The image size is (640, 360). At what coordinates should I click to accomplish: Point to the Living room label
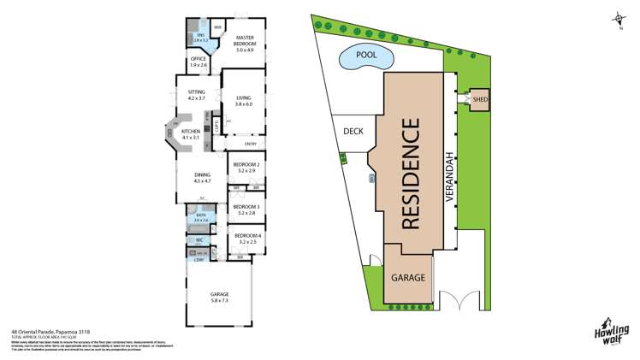tap(244, 102)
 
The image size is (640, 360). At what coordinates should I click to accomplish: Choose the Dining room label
tap(201, 179)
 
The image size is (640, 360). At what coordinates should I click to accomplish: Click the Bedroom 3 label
tap(246, 209)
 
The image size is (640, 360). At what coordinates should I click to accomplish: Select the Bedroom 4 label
tap(246, 239)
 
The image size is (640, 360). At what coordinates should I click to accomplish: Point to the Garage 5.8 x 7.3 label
tap(220, 298)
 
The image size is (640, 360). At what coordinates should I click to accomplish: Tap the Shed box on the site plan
tap(478, 100)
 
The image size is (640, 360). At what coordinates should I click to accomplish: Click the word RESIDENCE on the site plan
tap(412, 175)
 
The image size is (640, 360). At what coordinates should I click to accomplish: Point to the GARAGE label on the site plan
tap(408, 278)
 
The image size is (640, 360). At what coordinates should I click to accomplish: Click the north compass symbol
tap(616, 19)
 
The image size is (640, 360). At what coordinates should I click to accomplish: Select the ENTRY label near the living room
tap(250, 144)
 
